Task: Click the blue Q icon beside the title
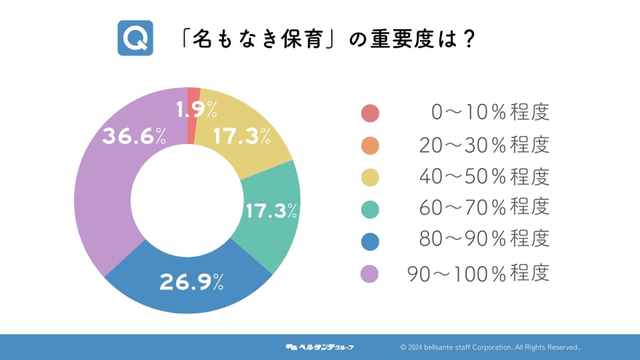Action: tap(135, 38)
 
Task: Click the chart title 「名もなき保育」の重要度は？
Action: tap(327, 39)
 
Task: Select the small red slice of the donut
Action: tap(192, 116)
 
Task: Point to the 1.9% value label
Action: tap(197, 110)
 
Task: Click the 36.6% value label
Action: tap(134, 136)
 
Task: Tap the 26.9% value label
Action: tap(191, 282)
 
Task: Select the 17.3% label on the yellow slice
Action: tap(242, 136)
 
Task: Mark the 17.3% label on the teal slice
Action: tap(272, 211)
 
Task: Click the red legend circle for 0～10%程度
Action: tap(370, 113)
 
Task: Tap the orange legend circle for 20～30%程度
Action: tap(370, 146)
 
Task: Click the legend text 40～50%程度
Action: tap(485, 177)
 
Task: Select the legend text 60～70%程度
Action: tap(485, 208)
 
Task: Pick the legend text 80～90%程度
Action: tap(485, 239)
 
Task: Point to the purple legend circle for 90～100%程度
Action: tap(370, 274)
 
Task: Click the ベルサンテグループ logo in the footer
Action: tap(319, 347)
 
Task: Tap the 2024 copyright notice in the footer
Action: tap(490, 347)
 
